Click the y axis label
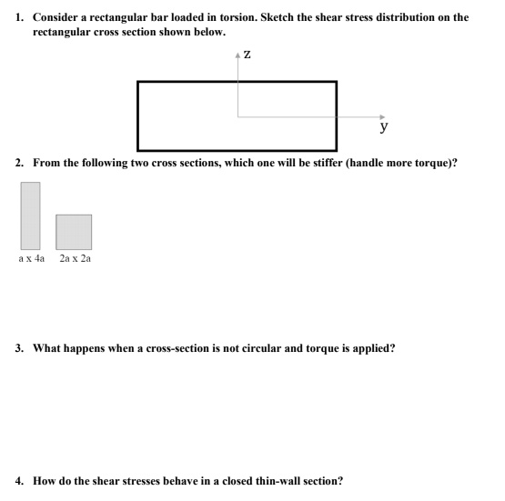[387, 127]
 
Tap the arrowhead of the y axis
[382, 115]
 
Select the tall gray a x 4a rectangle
[31, 215]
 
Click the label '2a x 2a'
[75, 259]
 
